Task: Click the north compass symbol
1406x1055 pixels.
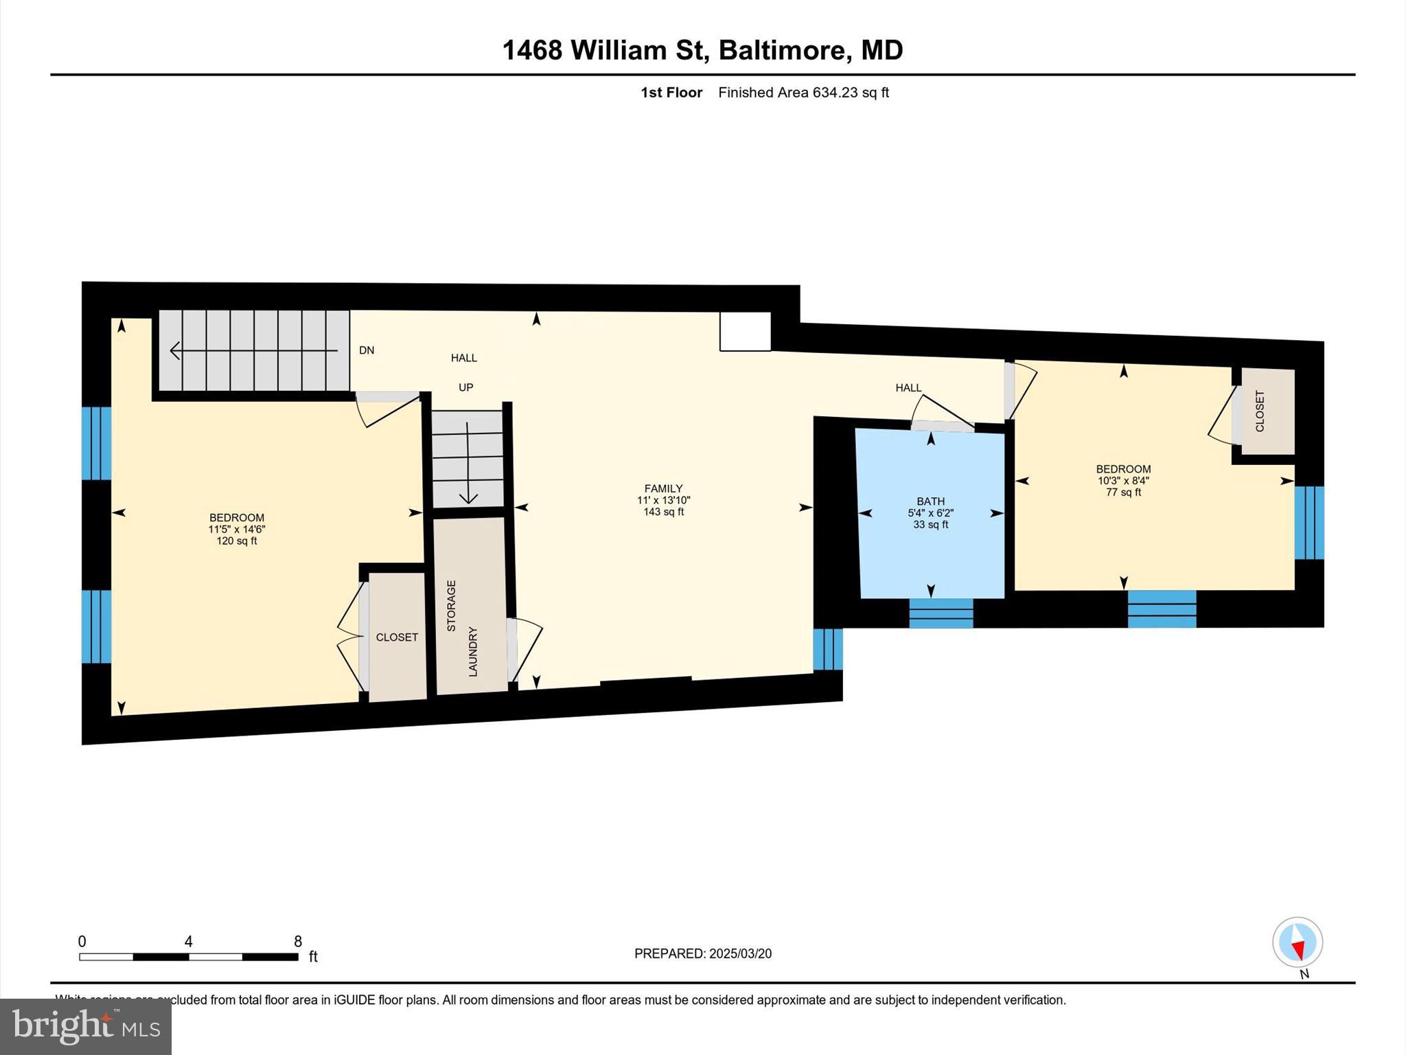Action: [x=1297, y=942]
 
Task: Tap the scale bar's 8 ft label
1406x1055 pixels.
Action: [x=298, y=941]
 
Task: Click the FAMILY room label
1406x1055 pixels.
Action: [x=663, y=488]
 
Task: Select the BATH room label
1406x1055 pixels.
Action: [x=930, y=501]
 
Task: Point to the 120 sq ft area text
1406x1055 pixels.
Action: [x=237, y=541]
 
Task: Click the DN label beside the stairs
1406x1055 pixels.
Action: [x=367, y=350]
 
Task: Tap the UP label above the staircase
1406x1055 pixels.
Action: [x=465, y=387]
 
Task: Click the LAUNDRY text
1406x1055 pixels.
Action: [x=473, y=651]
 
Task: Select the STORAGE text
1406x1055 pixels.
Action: [x=451, y=606]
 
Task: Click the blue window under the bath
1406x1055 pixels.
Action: [x=941, y=613]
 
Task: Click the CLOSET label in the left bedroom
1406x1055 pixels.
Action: [x=397, y=637]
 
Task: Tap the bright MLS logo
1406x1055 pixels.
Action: [x=86, y=1026]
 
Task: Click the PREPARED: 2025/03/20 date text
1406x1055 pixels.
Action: [x=702, y=953]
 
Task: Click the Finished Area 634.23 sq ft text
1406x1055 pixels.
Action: [x=803, y=93]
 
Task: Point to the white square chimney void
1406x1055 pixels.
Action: [x=745, y=331]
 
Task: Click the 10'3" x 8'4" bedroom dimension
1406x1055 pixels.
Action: [x=1123, y=481]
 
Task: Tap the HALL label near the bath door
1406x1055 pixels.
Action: [x=908, y=388]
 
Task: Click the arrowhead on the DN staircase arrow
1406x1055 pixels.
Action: [x=174, y=351]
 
